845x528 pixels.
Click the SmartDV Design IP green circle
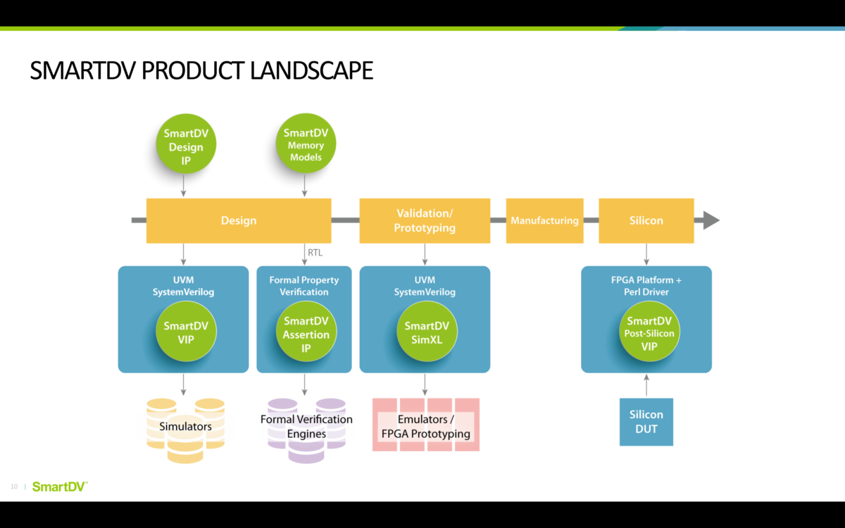[x=186, y=146]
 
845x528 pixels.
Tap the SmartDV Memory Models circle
[x=306, y=144]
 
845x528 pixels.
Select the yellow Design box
[x=238, y=220]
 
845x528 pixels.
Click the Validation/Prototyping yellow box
[x=424, y=220]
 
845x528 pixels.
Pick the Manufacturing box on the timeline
[x=544, y=220]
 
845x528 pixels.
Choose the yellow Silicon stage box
[x=646, y=220]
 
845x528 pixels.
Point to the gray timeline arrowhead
[x=710, y=220]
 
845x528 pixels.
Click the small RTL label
[x=315, y=252]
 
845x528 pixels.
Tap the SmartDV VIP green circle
[x=186, y=332]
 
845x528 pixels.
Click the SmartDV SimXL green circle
[x=426, y=332]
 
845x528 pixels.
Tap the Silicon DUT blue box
[x=646, y=422]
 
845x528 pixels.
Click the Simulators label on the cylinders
[x=185, y=427]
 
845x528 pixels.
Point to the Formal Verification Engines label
[x=306, y=427]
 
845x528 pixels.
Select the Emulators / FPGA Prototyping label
[x=425, y=427]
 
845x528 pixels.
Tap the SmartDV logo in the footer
[x=60, y=486]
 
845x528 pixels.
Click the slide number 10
[x=14, y=486]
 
